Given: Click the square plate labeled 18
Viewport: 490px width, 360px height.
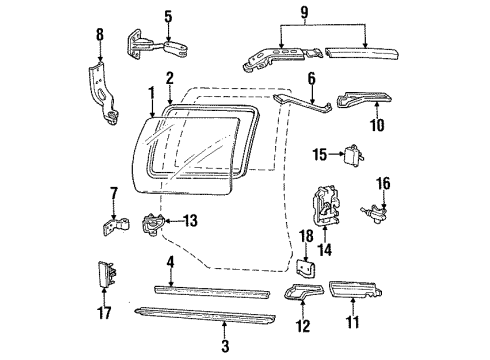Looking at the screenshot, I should [x=308, y=271].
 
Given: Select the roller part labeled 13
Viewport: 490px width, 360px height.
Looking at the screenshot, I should [x=151, y=226].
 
